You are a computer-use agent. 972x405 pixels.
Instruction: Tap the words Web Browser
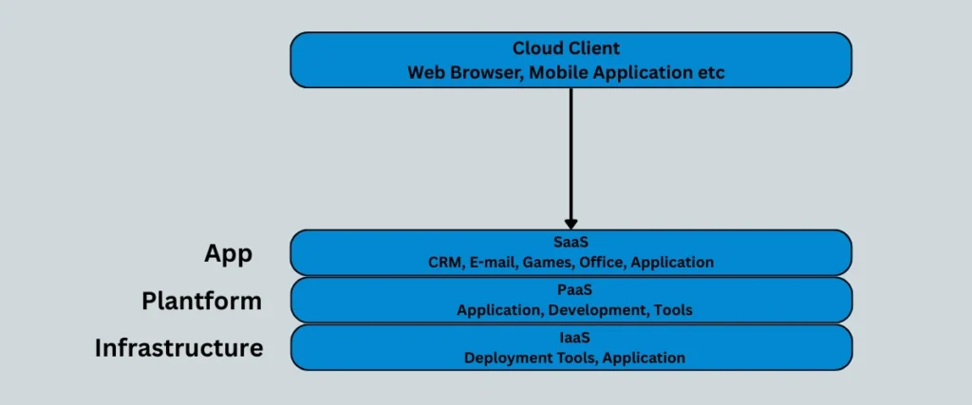point(459,72)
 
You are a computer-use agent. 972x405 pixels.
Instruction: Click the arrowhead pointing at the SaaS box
point(570,220)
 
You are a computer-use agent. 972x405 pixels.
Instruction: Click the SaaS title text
point(570,243)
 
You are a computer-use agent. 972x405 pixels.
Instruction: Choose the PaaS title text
point(570,290)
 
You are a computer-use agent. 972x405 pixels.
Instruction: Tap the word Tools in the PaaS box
point(673,310)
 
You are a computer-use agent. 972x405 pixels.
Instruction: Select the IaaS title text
point(570,339)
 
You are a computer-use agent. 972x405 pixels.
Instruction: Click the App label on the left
point(228,253)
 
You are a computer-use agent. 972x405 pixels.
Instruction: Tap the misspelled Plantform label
point(201,301)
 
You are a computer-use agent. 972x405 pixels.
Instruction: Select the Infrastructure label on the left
point(178,348)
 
